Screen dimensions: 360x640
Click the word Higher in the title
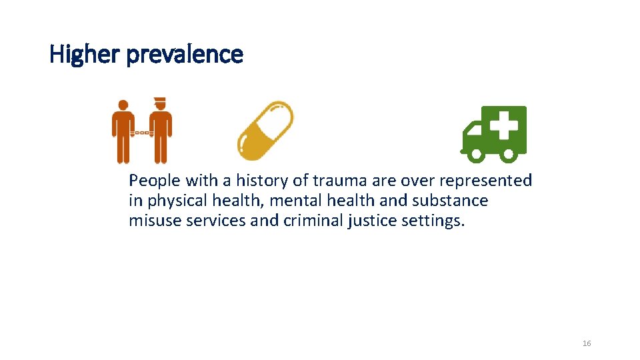coord(83,55)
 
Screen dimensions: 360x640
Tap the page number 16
coord(587,343)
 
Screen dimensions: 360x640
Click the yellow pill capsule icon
coord(266,131)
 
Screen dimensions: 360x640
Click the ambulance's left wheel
coord(476,155)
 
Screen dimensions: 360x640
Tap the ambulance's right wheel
coord(508,155)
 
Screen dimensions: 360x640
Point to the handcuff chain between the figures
coord(141,133)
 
